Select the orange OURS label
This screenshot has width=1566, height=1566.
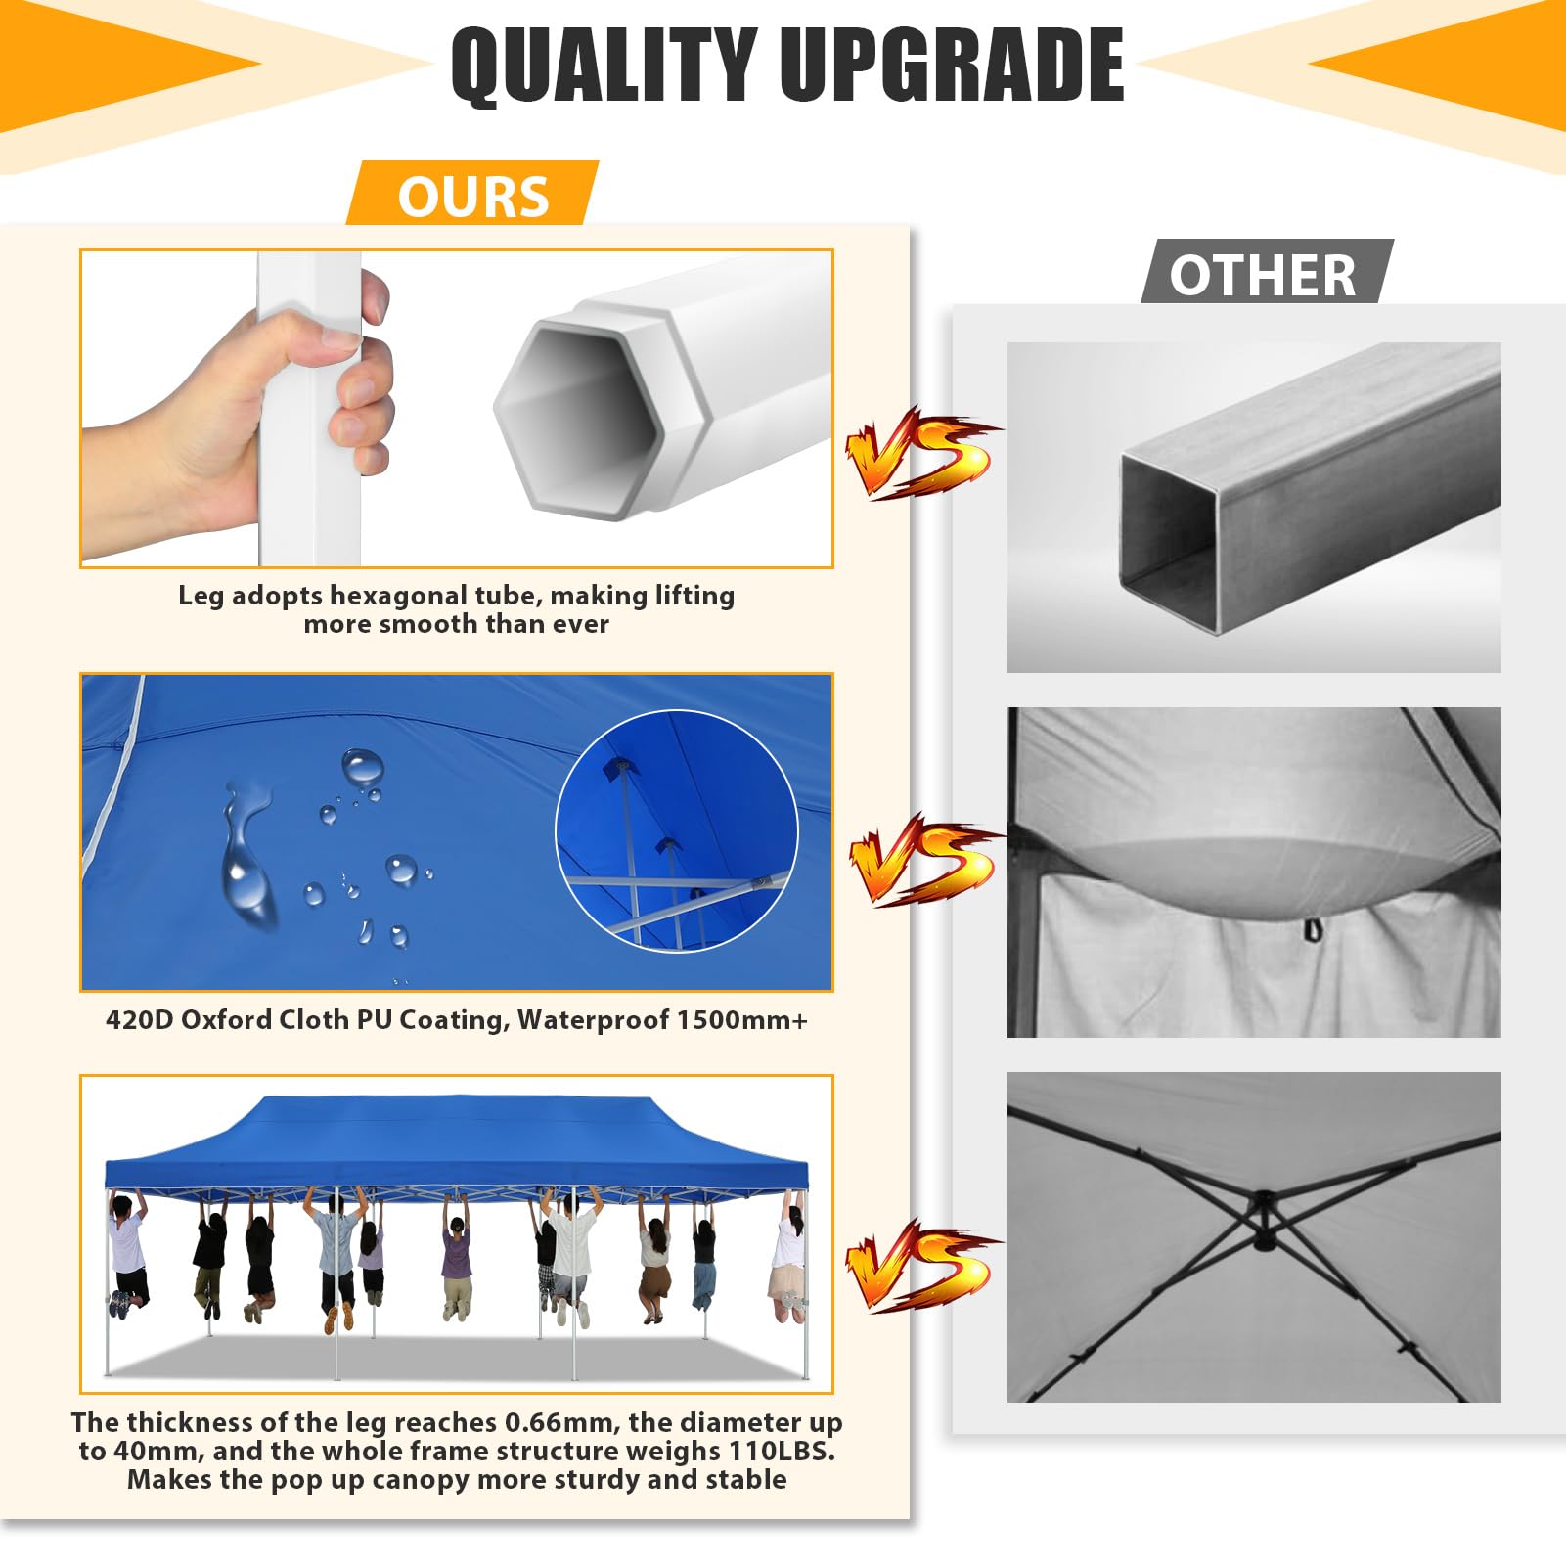pyautogui.click(x=472, y=195)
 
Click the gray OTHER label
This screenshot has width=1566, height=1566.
pyautogui.click(x=1266, y=274)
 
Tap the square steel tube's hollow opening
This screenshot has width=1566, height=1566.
pyautogui.click(x=1169, y=543)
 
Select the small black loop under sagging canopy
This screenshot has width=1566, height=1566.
pyautogui.click(x=1312, y=929)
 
